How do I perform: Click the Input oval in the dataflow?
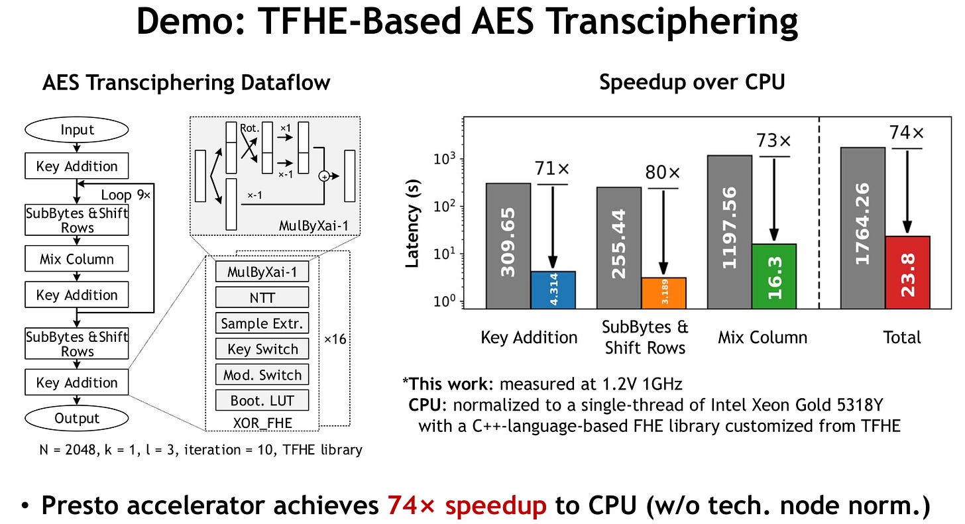78,130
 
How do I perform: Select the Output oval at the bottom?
78,419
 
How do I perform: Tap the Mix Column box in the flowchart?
77,260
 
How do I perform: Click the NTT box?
262,297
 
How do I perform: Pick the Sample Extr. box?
262,323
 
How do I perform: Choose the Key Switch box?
262,349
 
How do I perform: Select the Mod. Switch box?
262,375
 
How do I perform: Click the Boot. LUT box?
262,401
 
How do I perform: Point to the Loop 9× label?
126,195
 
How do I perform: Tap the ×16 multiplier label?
335,340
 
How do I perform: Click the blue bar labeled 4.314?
553,289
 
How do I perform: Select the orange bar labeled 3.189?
664,293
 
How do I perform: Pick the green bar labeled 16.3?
774,276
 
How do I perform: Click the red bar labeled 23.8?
907,272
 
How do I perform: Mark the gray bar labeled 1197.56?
729,232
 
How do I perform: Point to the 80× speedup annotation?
663,174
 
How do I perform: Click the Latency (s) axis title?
412,227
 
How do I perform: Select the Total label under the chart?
901,337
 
